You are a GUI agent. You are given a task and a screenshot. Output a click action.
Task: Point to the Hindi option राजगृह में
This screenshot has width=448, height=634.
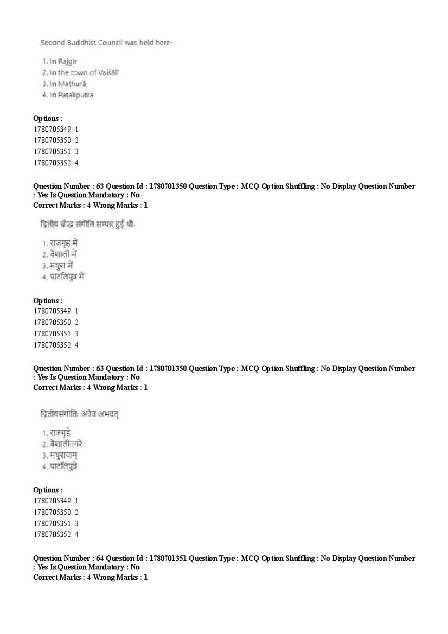tap(63, 243)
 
